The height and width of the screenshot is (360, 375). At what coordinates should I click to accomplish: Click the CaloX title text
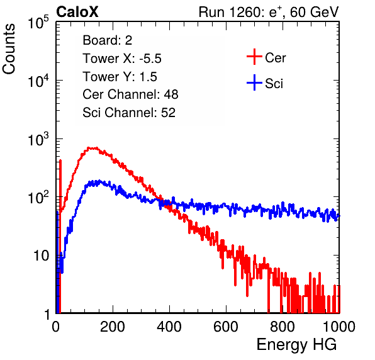point(77,12)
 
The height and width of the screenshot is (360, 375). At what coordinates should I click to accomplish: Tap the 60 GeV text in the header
point(314,12)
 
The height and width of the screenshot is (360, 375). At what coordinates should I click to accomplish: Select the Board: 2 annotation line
point(107,40)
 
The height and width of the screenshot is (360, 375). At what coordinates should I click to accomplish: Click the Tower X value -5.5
point(150,59)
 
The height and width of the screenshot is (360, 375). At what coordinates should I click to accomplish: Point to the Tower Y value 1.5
point(148,77)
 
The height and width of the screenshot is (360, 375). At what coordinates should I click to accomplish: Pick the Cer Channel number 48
point(171,94)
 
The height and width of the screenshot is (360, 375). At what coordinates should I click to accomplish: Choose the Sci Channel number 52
point(168,113)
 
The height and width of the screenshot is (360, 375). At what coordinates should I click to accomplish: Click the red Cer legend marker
point(254,57)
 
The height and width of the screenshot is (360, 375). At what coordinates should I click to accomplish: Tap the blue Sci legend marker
point(254,82)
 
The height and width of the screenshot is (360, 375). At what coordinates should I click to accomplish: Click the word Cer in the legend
point(275,58)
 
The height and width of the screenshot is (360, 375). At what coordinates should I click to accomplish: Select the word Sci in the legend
point(274,84)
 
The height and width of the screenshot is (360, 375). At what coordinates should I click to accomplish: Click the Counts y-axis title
point(9,49)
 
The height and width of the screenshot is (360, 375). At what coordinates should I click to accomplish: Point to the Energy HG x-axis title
point(296,344)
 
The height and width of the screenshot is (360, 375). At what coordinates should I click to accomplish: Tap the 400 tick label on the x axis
point(169,327)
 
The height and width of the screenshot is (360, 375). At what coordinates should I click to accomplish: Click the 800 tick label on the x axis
point(283,327)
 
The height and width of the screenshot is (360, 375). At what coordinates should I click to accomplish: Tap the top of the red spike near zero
point(60,160)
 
